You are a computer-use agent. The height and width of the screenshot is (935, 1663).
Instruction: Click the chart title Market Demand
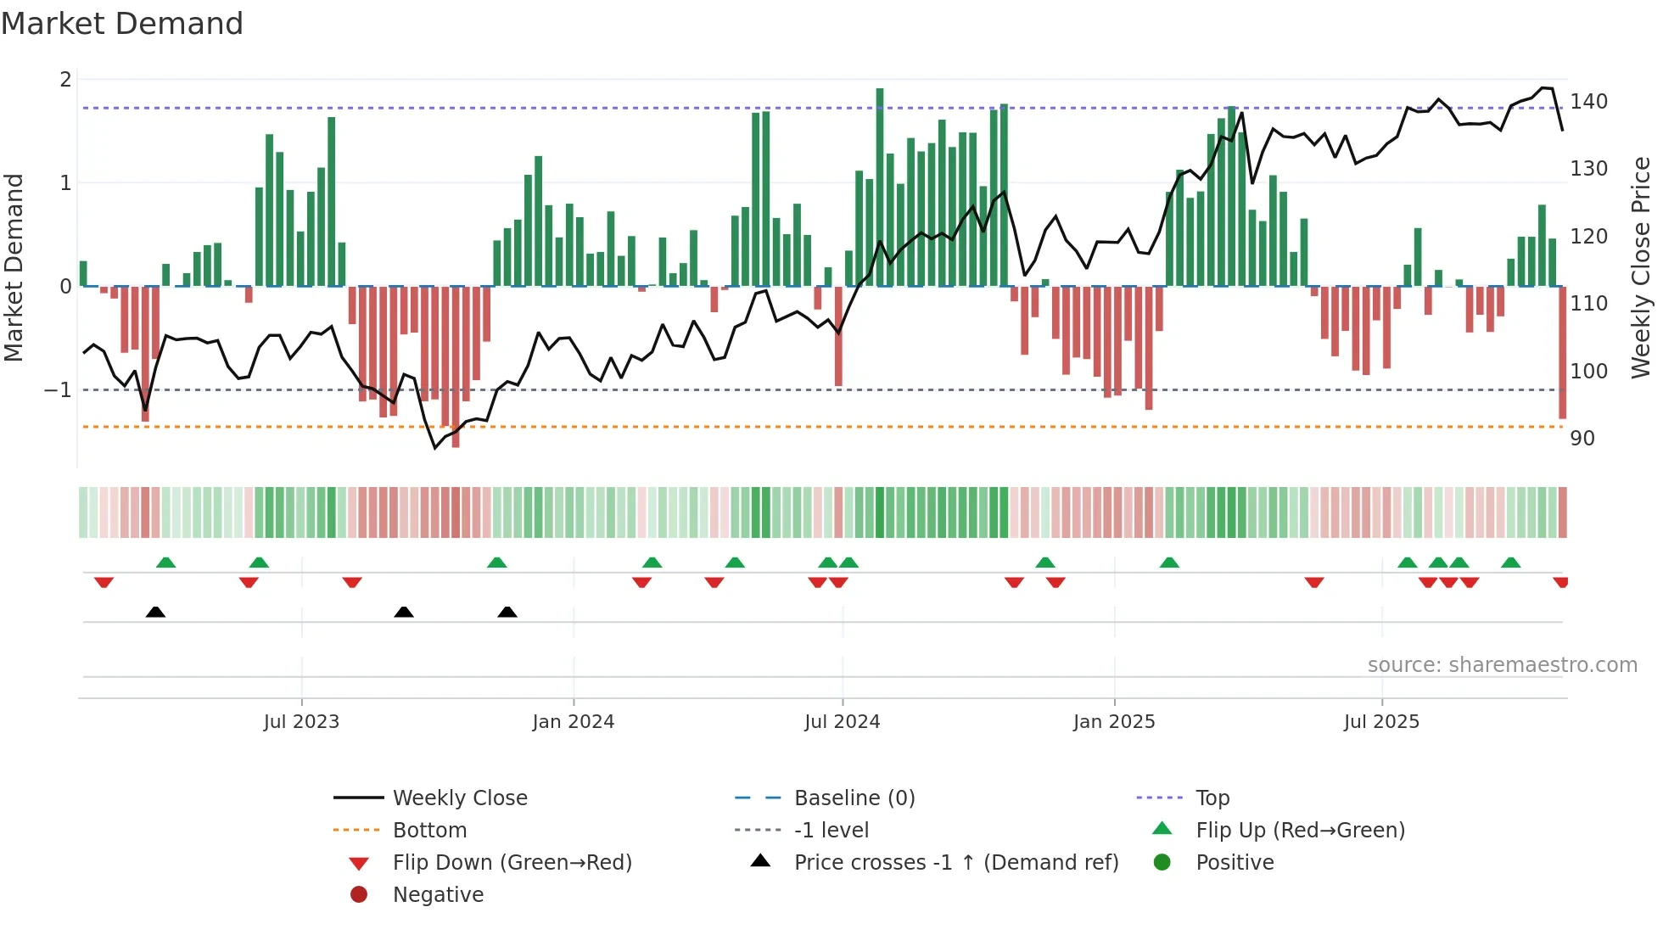coord(122,24)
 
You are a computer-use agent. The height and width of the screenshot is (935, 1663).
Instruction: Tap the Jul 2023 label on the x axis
coord(301,722)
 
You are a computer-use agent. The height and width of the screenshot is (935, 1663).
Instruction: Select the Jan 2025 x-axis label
coord(1114,722)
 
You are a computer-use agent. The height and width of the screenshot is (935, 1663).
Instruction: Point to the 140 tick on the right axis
coord(1588,102)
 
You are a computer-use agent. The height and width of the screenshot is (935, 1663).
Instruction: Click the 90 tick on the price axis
coord(1582,439)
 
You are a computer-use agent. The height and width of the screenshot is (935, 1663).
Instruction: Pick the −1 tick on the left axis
coord(58,390)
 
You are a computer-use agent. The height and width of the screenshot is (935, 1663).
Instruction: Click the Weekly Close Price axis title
coord(1641,267)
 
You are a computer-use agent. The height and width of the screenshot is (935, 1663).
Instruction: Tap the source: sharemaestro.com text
coord(1502,665)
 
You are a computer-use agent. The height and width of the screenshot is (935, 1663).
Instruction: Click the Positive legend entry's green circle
coord(1162,863)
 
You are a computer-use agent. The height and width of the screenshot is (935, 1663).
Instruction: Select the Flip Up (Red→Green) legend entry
coord(1300,831)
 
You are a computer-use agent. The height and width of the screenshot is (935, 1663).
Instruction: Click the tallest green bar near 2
coord(880,187)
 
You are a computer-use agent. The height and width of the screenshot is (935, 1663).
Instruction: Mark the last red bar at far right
coord(1562,352)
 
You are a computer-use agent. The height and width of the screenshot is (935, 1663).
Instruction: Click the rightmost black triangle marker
coord(507,612)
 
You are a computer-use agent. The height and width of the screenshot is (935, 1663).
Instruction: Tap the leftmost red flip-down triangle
coord(104,582)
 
